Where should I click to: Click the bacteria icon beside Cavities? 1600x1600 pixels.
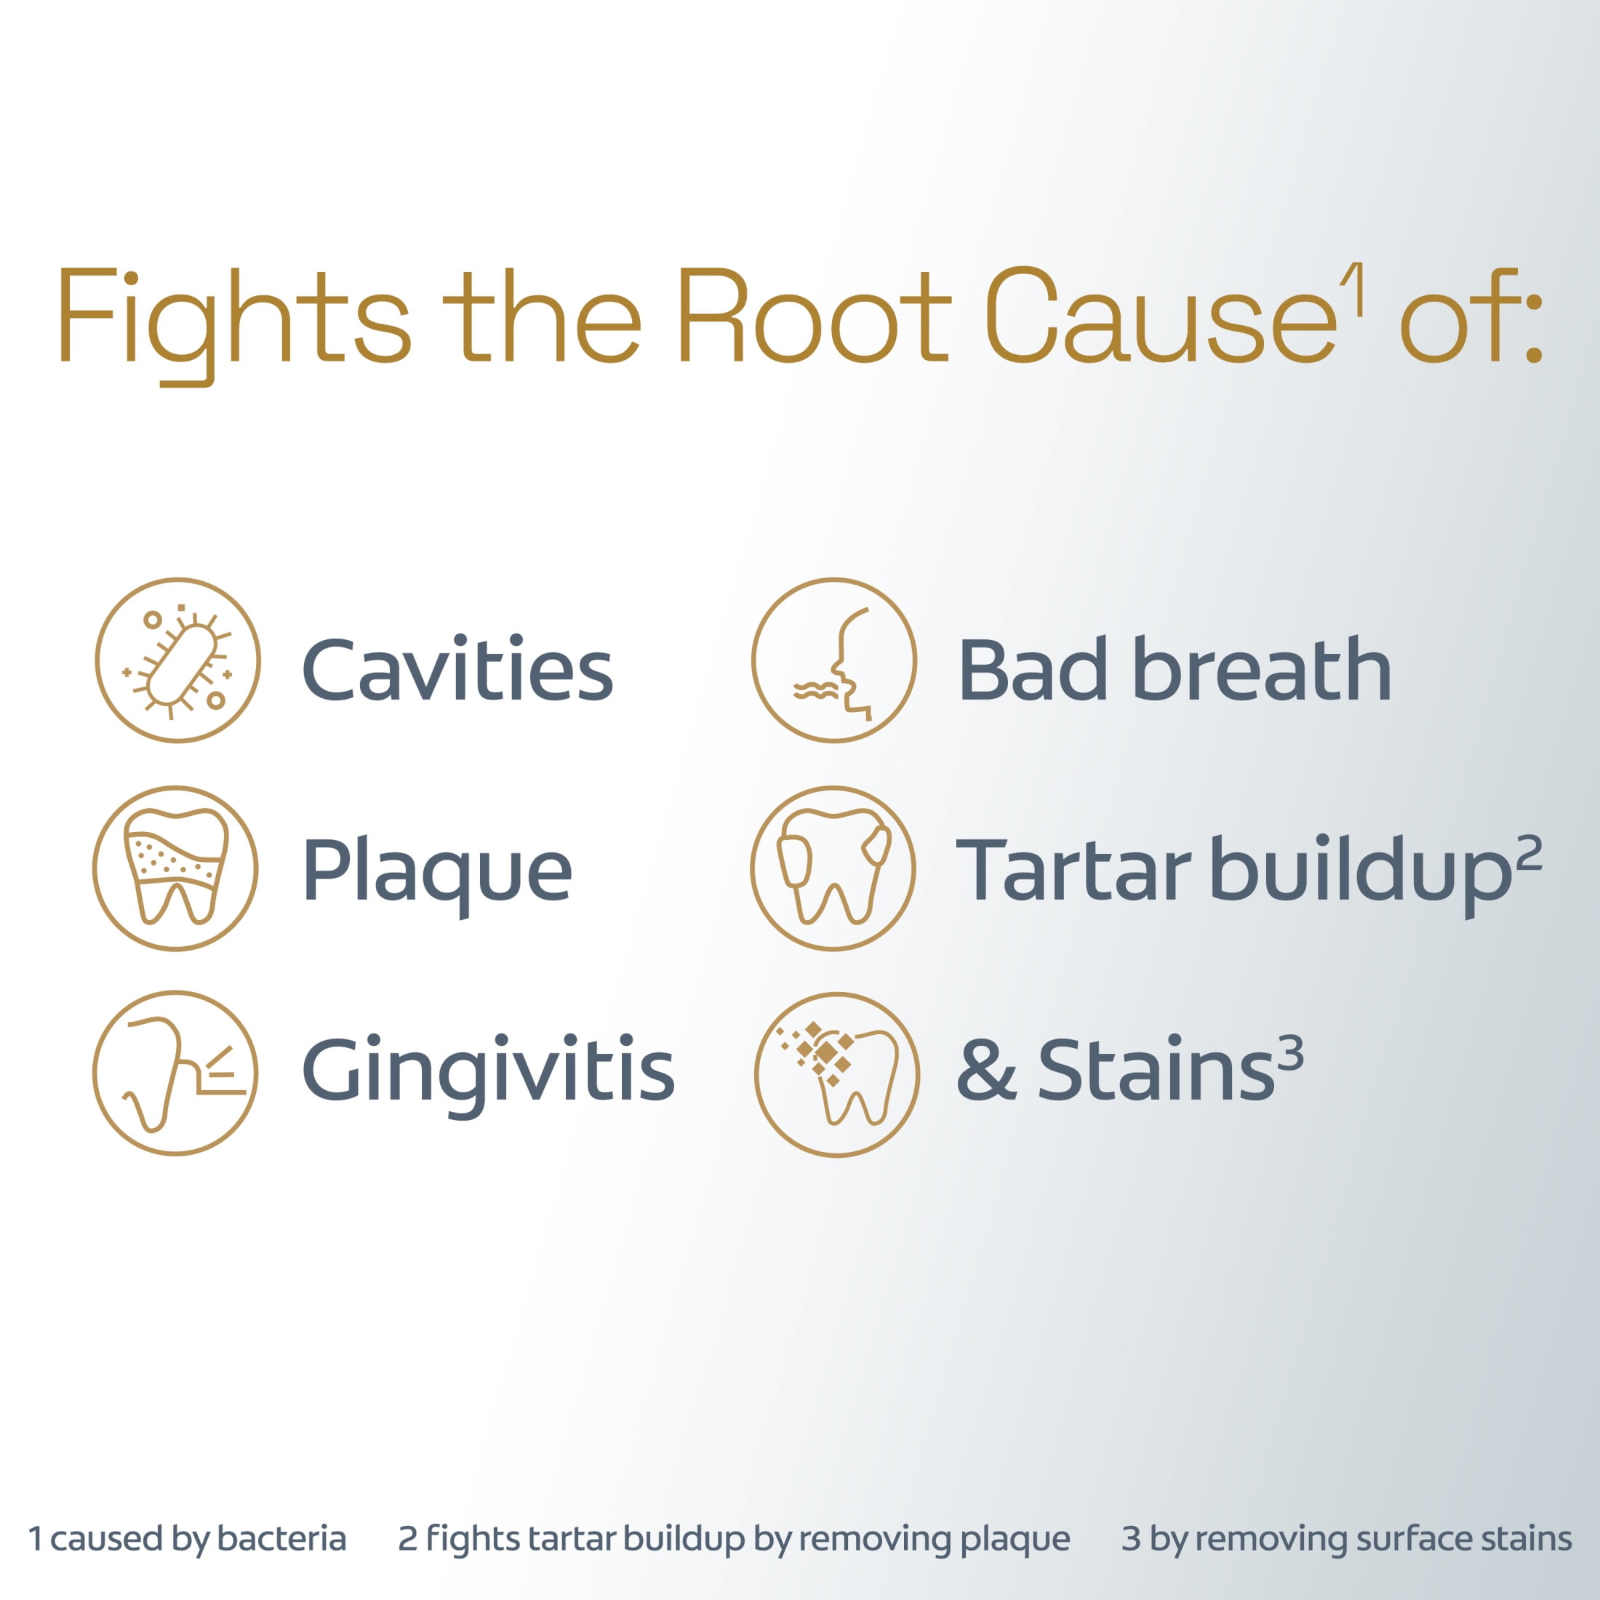[177, 660]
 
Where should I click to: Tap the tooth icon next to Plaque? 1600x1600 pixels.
[175, 868]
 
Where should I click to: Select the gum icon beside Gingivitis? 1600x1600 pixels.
[175, 1073]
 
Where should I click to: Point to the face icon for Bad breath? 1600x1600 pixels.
[834, 660]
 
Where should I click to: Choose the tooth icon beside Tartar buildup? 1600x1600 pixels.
[833, 868]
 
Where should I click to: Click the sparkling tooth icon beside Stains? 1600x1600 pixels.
[836, 1074]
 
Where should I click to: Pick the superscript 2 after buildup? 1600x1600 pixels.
[1529, 853]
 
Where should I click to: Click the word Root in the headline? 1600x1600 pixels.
[813, 315]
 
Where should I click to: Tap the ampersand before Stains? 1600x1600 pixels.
[986, 1070]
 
